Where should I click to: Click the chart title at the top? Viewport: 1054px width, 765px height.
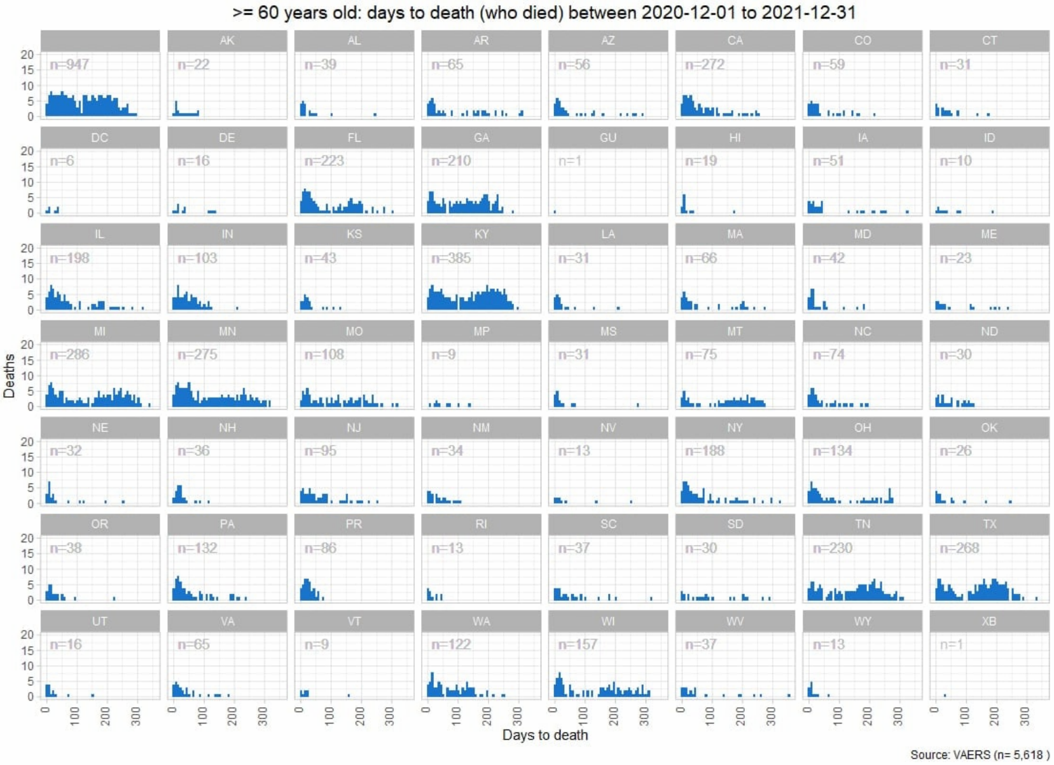pos(544,13)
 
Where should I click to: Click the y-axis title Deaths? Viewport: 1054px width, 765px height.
pos(9,376)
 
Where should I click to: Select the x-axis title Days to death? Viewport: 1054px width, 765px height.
pos(545,735)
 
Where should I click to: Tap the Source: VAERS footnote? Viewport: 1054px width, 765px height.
pos(980,755)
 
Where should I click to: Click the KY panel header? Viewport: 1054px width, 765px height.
pos(481,234)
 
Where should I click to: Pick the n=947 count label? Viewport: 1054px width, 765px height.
pos(69,64)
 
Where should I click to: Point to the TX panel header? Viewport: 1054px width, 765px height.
pos(989,524)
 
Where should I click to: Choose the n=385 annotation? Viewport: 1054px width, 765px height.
pos(451,258)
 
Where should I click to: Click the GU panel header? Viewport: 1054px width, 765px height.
pos(608,138)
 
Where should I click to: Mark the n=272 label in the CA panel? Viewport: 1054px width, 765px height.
pos(704,64)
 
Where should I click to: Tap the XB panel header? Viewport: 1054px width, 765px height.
pos(989,621)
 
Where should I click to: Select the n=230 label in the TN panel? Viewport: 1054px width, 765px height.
pos(833,548)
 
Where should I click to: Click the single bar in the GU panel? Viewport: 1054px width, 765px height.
pos(555,212)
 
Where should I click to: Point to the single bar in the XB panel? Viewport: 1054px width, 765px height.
pos(945,696)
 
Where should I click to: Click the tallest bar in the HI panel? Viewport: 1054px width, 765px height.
pos(684,203)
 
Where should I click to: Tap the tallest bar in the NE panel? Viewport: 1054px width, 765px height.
pos(49,493)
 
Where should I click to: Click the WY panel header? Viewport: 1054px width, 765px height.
pos(862,621)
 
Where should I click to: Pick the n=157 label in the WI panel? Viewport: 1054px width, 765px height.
pos(578,645)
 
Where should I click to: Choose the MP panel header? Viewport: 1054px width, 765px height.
pos(481,331)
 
